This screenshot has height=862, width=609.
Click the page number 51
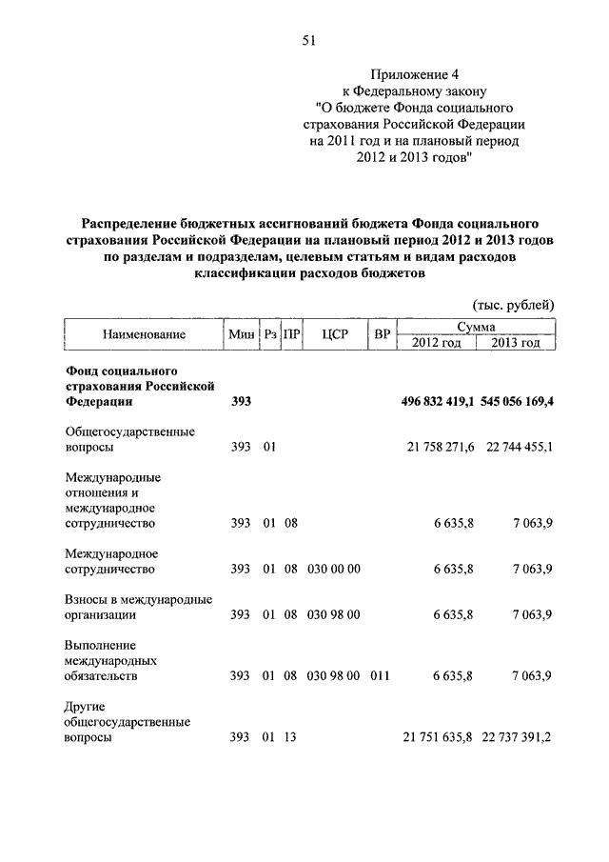307,40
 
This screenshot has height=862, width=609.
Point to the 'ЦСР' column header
333,334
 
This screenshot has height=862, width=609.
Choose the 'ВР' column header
383,334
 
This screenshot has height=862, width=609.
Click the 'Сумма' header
476,327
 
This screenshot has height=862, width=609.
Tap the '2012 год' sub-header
436,343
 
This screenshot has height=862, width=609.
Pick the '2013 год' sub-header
516,343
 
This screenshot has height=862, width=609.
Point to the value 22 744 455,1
519,447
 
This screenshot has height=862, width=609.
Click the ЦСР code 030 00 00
333,569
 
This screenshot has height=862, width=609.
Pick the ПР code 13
290,737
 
